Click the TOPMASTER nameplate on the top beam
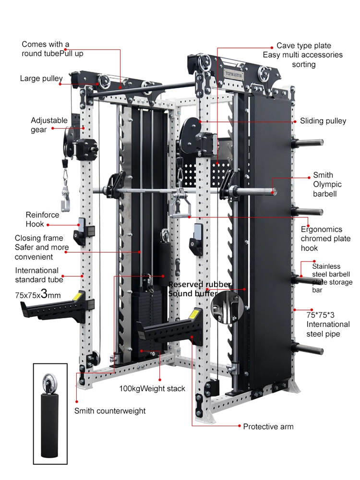[234, 74]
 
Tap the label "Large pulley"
[41, 78]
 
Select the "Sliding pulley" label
[323, 121]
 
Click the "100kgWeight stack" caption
[152, 389]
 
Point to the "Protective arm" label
[268, 426]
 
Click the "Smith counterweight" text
[110, 411]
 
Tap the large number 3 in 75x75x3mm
[44, 294]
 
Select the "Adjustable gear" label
[49, 125]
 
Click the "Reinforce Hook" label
[42, 219]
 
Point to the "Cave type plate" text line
[304, 46]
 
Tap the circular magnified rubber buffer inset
[227, 307]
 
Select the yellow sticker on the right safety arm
[193, 315]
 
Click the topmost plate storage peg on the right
[307, 143]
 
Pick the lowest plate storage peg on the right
[307, 348]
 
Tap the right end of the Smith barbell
[275, 192]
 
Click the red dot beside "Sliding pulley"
[295, 121]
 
